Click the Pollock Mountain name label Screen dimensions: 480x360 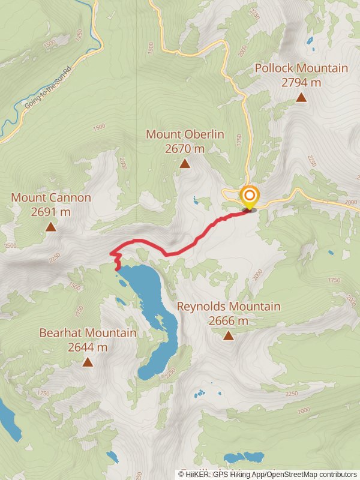(x=301, y=68)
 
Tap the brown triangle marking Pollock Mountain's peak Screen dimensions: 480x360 (x=301, y=97)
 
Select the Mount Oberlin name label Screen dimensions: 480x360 (x=185, y=134)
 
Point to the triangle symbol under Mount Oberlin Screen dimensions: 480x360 (x=185, y=163)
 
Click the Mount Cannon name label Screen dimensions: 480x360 (x=51, y=197)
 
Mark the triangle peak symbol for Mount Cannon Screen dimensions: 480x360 (x=51, y=227)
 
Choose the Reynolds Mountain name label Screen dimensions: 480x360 (x=228, y=307)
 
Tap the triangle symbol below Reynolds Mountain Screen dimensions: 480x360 (x=228, y=335)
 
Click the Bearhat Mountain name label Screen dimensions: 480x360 (x=88, y=332)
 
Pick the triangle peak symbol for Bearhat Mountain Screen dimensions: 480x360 (x=88, y=362)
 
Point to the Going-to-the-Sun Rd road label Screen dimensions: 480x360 (x=48, y=87)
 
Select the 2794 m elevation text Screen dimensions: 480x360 (x=301, y=82)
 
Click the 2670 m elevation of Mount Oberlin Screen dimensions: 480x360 (x=185, y=148)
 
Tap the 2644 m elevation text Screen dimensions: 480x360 (x=88, y=347)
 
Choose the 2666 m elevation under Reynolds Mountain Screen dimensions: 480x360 (x=228, y=321)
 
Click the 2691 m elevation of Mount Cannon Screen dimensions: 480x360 (x=51, y=212)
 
